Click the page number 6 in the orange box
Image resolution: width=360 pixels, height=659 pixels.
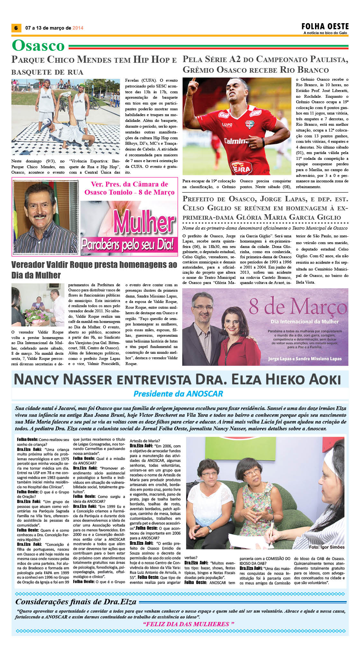pyautogui.click(x=16, y=28)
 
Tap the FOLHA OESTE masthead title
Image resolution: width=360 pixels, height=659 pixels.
pyautogui.click(x=325, y=26)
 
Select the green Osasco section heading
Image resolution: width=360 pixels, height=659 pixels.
pyautogui.click(x=38, y=45)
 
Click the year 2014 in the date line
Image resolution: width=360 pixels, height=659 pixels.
pyautogui.click(x=78, y=28)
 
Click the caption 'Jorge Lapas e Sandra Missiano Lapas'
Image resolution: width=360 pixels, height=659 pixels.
pyautogui.click(x=305, y=359)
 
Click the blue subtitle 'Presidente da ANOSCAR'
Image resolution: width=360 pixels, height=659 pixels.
pyautogui.click(x=178, y=394)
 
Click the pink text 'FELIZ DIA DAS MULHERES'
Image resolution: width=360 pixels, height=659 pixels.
pyautogui.click(x=188, y=624)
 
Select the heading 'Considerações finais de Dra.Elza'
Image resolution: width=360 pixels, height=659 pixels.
pyautogui.click(x=76, y=602)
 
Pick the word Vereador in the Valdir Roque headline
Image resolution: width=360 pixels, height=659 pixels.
pyautogui.click(x=28, y=265)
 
